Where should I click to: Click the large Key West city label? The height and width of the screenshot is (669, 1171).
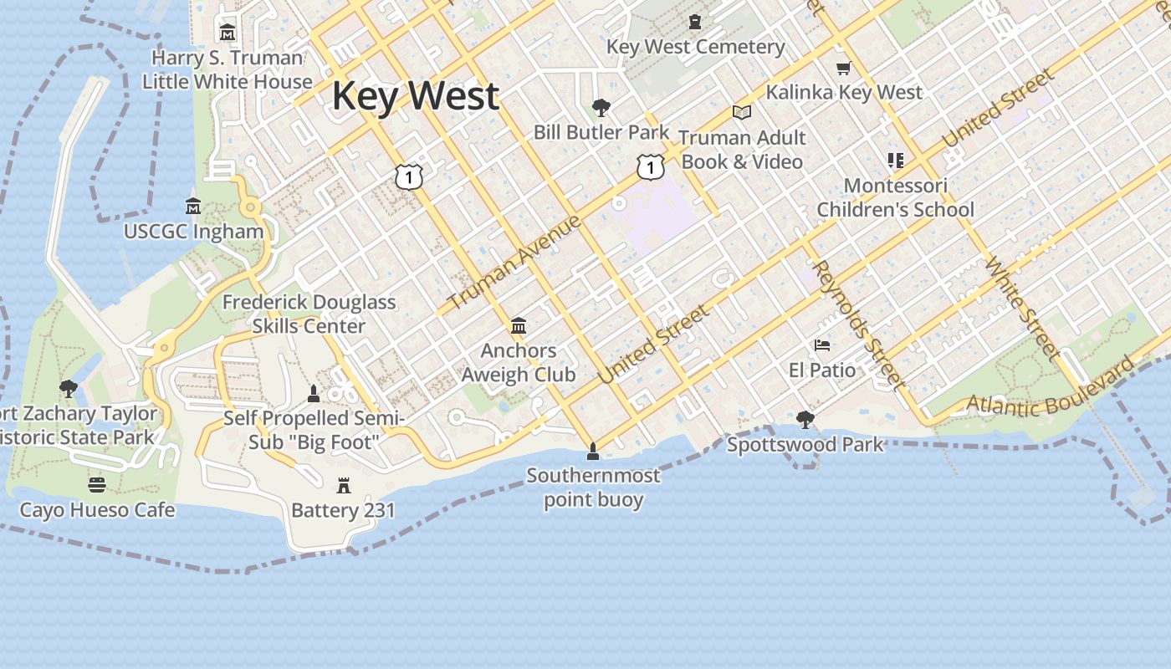pos(416,95)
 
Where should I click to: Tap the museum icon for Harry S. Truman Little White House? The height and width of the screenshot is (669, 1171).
pos(227,33)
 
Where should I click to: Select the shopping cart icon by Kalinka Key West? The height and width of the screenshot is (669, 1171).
pos(843,69)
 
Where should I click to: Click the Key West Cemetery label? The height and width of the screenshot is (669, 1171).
pos(696,47)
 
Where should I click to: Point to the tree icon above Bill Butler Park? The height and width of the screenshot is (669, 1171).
pos(601,107)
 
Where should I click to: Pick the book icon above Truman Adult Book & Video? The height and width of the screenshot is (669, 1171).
pos(741,112)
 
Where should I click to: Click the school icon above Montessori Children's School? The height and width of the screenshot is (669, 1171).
pos(896,161)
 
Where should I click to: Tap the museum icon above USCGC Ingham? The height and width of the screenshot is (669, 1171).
pos(193,206)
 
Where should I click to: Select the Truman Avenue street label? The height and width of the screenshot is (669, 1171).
pos(514,262)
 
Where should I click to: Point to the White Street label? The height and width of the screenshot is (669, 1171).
pos(1022,306)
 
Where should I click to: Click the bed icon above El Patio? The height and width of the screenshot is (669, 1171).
pos(822,345)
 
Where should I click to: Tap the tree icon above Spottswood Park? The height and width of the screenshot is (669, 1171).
pos(805,419)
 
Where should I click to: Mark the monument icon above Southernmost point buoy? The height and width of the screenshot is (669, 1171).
pos(593,452)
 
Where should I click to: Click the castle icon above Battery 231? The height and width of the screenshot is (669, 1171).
pos(343,485)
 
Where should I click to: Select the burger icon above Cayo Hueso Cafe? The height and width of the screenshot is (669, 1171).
pos(97,485)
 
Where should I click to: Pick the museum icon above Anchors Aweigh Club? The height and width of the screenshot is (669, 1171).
pos(519,325)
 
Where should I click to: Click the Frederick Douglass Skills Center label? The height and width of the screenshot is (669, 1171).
pos(309,314)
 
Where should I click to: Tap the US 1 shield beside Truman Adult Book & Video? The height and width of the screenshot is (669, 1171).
pos(650,167)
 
